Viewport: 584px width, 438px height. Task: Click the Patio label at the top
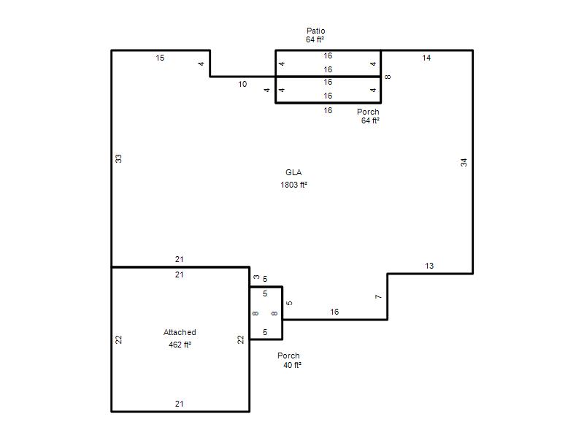[316, 31]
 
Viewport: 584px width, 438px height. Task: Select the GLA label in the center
[293, 172]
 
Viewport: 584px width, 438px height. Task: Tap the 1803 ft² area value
[293, 185]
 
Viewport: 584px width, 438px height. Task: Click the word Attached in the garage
[180, 332]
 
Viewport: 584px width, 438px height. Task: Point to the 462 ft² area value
[180, 345]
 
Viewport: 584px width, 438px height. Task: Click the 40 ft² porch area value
[292, 365]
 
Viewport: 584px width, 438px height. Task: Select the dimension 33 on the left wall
[118, 158]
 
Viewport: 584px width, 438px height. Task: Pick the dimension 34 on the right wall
[464, 162]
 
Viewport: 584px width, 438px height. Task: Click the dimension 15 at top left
[160, 58]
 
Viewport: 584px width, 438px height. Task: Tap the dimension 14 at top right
[426, 58]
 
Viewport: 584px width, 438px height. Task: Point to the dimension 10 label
[242, 84]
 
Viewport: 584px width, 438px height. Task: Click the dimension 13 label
[429, 266]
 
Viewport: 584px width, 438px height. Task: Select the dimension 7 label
[378, 297]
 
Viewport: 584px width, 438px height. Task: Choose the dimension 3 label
[256, 277]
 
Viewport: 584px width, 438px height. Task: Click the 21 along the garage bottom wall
[179, 404]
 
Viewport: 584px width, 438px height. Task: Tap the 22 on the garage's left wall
[118, 339]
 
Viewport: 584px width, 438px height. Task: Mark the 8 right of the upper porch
[388, 77]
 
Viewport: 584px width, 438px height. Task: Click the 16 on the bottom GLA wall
[334, 312]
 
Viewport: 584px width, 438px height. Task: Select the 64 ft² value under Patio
[315, 39]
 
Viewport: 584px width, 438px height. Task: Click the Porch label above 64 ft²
[368, 112]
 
